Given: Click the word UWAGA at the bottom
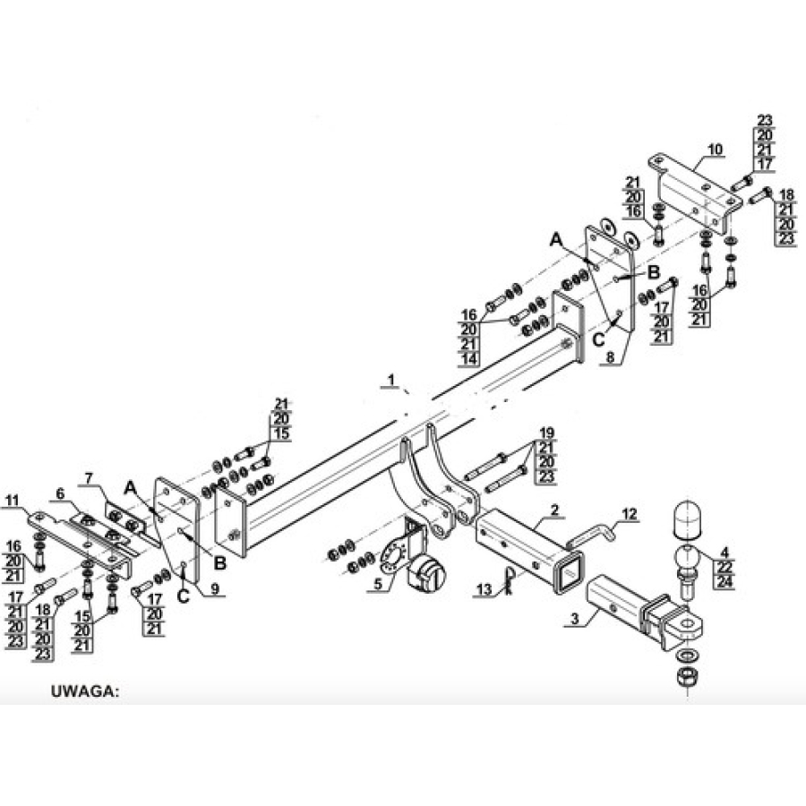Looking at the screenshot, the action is coord(85,690).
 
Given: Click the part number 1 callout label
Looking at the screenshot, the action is coord(391,380).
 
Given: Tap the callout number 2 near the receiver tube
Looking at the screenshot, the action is coord(554,510).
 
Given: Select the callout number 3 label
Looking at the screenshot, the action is coord(575,618).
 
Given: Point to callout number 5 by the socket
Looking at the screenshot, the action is coord(378,584).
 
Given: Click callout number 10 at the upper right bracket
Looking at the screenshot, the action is coord(715,150).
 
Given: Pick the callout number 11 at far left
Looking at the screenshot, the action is coord(13,500).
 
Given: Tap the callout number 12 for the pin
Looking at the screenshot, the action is coord(630,513).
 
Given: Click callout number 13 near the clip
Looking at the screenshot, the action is coord(484,589).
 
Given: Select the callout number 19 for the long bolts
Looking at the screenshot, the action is coord(546,433).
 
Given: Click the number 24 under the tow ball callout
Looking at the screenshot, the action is coord(725,582).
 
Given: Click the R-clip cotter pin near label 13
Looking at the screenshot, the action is coord(509,581).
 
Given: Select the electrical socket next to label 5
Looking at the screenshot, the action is coord(425,573).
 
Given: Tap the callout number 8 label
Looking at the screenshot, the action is coord(610,356).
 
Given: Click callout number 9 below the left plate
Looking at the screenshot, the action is coord(215,588).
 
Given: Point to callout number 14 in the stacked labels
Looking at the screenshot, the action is coord(468,359).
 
